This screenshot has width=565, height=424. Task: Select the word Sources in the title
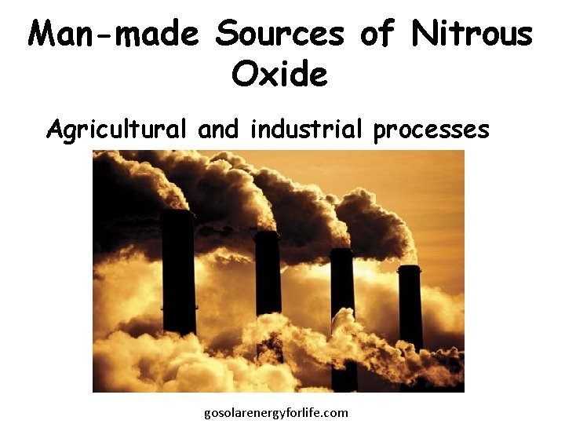(280, 34)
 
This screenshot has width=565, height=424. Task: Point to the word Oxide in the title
(279, 75)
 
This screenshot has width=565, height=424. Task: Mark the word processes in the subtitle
(432, 129)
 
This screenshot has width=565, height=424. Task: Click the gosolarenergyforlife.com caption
(275, 412)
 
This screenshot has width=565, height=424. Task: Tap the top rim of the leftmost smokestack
(177, 212)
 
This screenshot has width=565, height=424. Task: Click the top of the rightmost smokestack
(409, 268)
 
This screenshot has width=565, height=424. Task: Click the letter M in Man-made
(43, 34)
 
